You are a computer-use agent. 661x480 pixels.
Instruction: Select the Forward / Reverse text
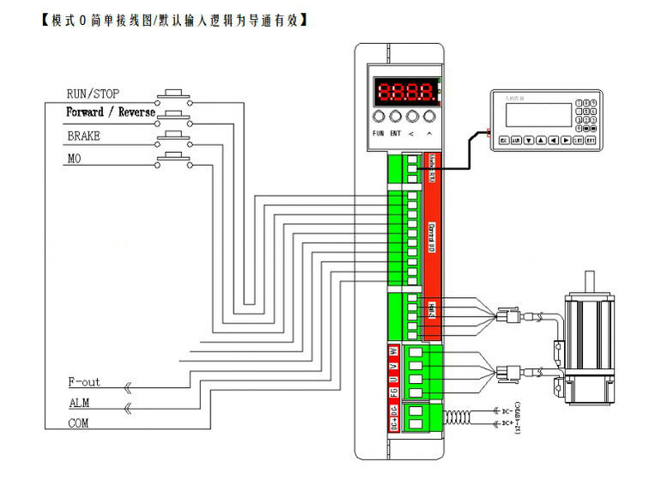(x=111, y=112)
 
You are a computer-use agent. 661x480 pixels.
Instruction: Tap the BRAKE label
(x=83, y=136)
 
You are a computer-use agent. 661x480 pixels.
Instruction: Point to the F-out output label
(x=84, y=382)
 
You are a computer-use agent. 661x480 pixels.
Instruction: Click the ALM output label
(x=79, y=403)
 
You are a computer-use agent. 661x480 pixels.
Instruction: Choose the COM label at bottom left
(x=78, y=423)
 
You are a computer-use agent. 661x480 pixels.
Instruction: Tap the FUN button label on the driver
(x=378, y=134)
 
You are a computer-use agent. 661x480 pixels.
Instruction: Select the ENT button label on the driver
(x=395, y=134)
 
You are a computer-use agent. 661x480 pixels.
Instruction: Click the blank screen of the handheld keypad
(x=538, y=116)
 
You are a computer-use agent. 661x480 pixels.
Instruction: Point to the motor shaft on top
(x=590, y=283)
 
